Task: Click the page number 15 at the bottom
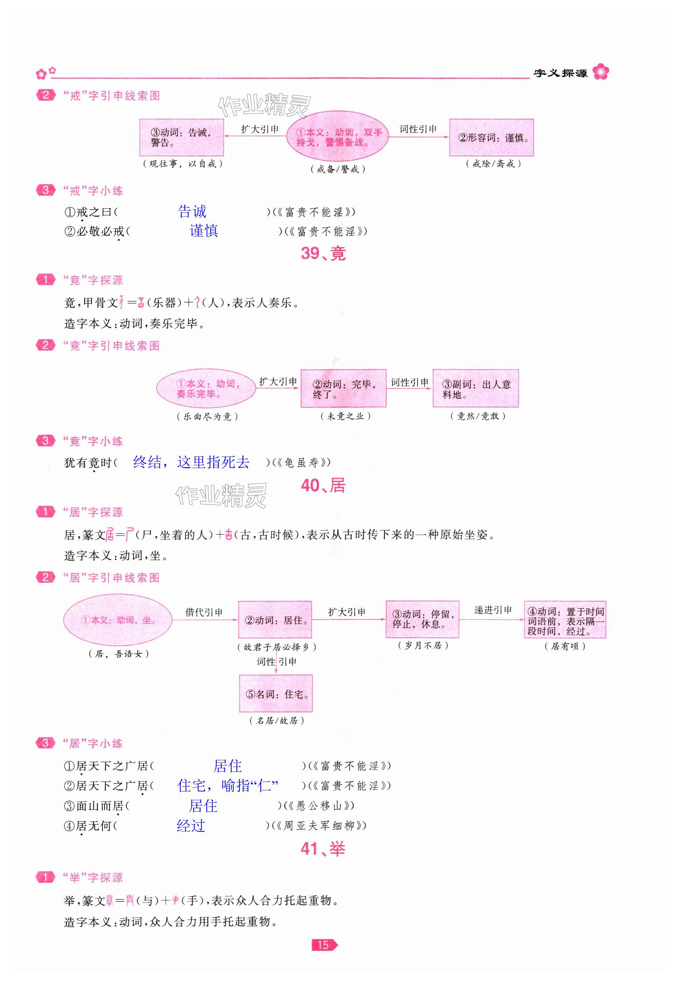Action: (x=323, y=945)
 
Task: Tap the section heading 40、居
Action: (x=323, y=486)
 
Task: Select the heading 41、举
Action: (x=323, y=849)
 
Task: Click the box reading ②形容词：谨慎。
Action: (x=491, y=138)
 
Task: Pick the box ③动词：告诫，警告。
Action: (x=181, y=138)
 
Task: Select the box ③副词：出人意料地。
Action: (x=475, y=389)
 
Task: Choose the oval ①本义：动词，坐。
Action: (x=118, y=620)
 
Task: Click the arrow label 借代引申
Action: (x=204, y=612)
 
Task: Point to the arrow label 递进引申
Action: (x=493, y=610)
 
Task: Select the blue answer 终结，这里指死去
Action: (x=191, y=462)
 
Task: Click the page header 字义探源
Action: (x=561, y=73)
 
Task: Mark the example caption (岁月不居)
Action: (x=423, y=645)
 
